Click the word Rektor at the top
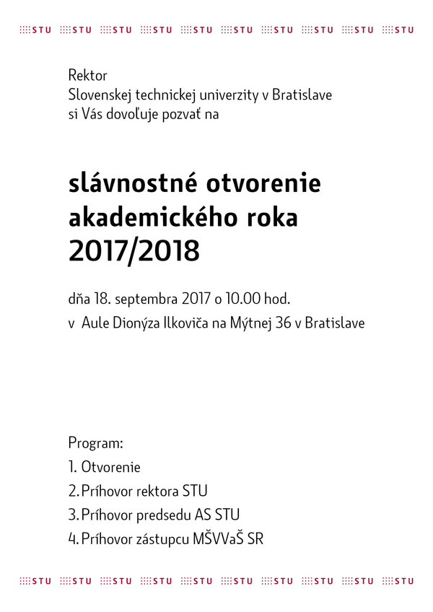[x=87, y=75]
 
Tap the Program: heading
[x=96, y=443]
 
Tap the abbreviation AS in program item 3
[x=204, y=515]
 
